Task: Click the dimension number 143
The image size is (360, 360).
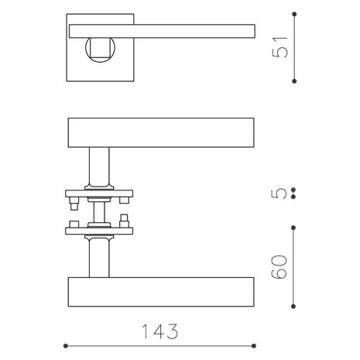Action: [160, 331]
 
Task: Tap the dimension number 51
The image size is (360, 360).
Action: [280, 47]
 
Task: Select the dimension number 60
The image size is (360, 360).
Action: [279, 267]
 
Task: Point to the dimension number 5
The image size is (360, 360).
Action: [279, 194]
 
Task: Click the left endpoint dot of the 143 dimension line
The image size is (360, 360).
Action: [66, 346]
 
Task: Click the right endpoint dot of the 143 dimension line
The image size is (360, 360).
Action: [254, 346]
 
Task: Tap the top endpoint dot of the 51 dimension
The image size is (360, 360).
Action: [294, 14]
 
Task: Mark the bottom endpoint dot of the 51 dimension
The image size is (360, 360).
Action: [294, 81]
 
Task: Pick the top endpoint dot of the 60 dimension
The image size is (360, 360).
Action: [293, 228]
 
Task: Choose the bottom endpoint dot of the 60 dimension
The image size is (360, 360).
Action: [293, 307]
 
